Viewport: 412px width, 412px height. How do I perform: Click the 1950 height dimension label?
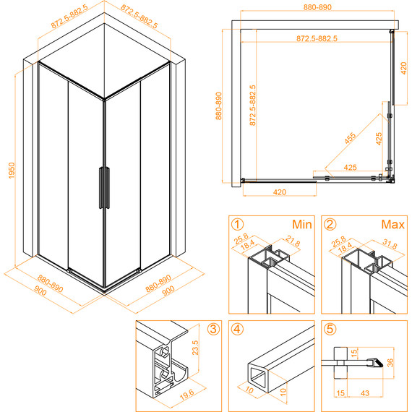[x=12, y=171]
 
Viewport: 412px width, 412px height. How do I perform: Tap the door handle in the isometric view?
[x=104, y=188]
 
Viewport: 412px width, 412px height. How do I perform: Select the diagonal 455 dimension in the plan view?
[x=351, y=138]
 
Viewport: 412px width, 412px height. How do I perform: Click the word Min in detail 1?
[x=302, y=225]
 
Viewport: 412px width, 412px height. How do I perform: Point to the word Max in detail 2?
[x=392, y=225]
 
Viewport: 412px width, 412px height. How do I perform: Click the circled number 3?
[x=213, y=329]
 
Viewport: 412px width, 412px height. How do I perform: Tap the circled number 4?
[x=237, y=329]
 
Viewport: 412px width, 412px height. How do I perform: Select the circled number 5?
[x=330, y=329]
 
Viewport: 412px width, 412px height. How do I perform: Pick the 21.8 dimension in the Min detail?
[x=293, y=241]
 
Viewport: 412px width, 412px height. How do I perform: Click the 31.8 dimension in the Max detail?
[x=390, y=244]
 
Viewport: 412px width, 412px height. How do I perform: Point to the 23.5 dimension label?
[x=195, y=348]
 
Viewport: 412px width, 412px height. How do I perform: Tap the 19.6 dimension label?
[x=186, y=395]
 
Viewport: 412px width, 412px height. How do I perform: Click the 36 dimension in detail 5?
[x=390, y=363]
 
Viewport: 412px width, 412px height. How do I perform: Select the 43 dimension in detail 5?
[x=365, y=393]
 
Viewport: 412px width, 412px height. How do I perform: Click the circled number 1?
[x=237, y=225]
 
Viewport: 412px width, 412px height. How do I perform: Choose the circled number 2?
[x=330, y=225]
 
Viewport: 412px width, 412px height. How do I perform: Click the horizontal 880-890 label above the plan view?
[x=317, y=7]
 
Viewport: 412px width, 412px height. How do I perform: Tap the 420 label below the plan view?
[x=280, y=192]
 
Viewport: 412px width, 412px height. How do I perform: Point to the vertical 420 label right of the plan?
[x=403, y=68]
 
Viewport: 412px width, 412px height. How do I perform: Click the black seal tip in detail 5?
[x=379, y=363]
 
